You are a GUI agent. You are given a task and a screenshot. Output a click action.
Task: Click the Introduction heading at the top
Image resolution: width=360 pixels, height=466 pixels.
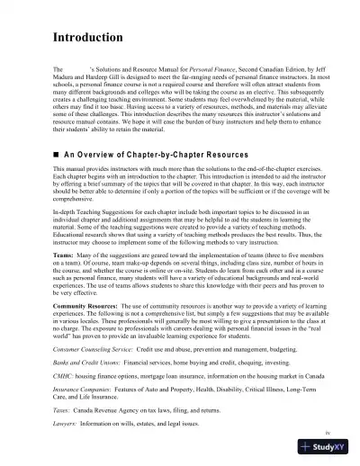point(89,39)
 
